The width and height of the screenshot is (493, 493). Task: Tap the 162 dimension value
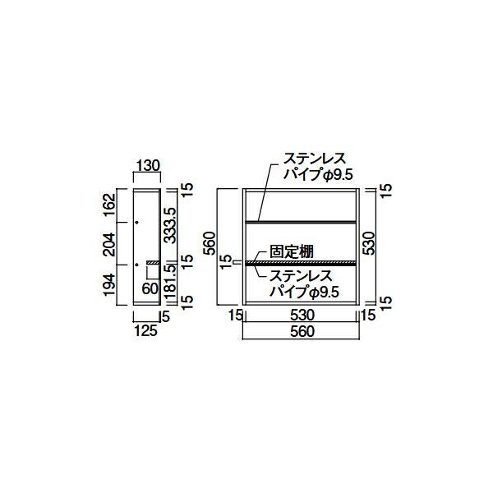(x=110, y=205)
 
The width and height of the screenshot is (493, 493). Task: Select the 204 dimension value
(x=110, y=244)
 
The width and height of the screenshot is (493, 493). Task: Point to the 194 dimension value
(x=110, y=284)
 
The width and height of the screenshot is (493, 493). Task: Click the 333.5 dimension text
(x=170, y=225)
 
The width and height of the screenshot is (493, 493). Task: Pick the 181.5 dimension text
(x=170, y=282)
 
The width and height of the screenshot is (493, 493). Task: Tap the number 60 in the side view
(x=150, y=288)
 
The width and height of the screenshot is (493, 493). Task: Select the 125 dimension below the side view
(x=146, y=330)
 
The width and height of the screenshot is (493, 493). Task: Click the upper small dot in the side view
(x=136, y=223)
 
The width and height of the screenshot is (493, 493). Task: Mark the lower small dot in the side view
(x=136, y=265)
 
